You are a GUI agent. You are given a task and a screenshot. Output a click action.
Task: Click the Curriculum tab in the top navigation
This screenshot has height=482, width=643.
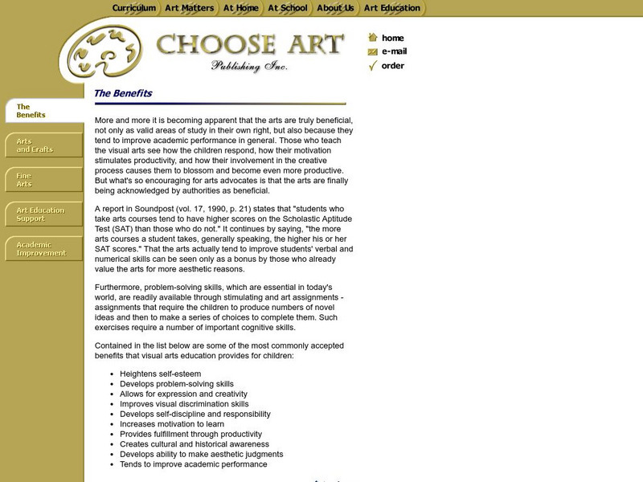[133, 8]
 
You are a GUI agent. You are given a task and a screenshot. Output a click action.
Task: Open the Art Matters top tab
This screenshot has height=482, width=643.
[189, 8]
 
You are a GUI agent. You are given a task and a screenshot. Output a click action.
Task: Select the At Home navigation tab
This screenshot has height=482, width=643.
[241, 8]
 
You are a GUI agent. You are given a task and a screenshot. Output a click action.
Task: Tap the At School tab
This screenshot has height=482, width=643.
[288, 8]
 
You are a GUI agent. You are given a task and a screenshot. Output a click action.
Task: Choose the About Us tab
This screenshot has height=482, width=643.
[335, 8]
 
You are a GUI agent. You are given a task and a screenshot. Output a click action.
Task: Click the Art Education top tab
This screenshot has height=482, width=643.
[392, 8]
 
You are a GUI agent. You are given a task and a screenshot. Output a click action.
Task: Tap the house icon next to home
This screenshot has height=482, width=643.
[372, 37]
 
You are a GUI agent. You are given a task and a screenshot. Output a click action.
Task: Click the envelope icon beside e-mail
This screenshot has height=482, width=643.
[372, 51]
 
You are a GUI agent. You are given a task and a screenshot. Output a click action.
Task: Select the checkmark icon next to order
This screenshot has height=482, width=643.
[372, 66]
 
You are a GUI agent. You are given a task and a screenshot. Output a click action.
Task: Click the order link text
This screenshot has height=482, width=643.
[393, 66]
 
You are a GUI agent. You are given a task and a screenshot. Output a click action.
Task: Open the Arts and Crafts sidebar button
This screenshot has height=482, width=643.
[44, 145]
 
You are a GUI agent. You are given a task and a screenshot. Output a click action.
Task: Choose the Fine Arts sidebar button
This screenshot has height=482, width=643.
[44, 179]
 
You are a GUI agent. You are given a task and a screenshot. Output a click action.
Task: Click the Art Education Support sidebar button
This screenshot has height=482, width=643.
[44, 214]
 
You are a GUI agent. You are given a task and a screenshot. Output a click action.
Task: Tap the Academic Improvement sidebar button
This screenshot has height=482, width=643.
[44, 249]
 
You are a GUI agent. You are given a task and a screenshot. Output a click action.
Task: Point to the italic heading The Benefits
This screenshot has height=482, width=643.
[123, 93]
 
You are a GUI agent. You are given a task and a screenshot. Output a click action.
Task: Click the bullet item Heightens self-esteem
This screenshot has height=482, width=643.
[160, 374]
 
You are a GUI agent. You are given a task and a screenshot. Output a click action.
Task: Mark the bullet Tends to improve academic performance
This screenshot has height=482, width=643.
[193, 464]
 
